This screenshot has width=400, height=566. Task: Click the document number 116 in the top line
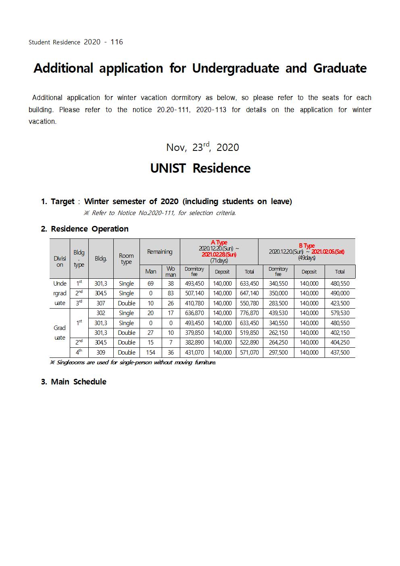pyautogui.click(x=117, y=42)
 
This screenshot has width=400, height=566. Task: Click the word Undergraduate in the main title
pyautogui.click(x=235, y=68)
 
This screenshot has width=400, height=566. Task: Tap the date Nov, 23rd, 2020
pyautogui.click(x=202, y=147)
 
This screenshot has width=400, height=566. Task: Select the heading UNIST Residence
pyautogui.click(x=200, y=168)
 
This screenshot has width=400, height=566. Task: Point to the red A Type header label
pyautogui.click(x=219, y=242)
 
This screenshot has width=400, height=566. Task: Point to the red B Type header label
pyautogui.click(x=306, y=246)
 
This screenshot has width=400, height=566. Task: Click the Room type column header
pyautogui.click(x=126, y=259)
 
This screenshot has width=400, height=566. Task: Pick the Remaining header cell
pyautogui.click(x=160, y=252)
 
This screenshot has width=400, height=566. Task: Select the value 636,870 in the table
pyautogui.click(x=194, y=313)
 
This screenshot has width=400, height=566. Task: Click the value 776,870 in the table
pyautogui.click(x=249, y=313)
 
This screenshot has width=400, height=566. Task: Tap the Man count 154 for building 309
pyautogui.click(x=150, y=353)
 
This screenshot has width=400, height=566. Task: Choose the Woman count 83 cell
pyautogui.click(x=171, y=293)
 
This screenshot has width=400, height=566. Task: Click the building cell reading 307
pyautogui.click(x=101, y=303)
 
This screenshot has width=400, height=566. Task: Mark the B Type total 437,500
pyautogui.click(x=340, y=353)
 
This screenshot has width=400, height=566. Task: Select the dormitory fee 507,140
pyautogui.click(x=194, y=293)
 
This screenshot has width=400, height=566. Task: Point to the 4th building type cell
pyautogui.click(x=79, y=352)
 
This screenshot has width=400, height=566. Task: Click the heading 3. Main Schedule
pyautogui.click(x=74, y=382)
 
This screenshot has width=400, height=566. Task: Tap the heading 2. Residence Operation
pyautogui.click(x=85, y=229)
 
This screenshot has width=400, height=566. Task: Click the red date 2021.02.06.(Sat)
pyautogui.click(x=328, y=252)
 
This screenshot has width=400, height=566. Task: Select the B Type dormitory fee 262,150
pyautogui.click(x=278, y=333)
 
